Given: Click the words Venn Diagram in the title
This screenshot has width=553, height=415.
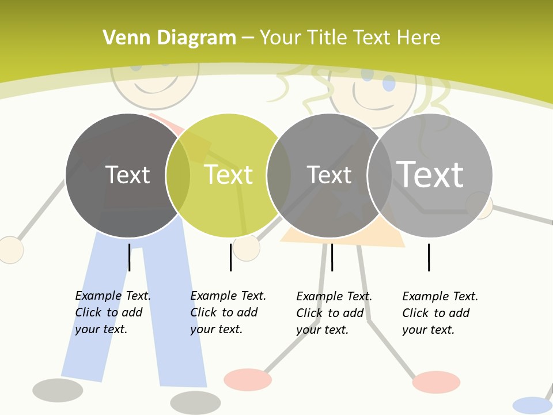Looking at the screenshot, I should [x=169, y=38].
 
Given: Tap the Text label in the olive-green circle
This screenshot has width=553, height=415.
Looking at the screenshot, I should [x=229, y=175].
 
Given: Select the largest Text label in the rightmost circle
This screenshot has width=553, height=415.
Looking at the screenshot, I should [x=430, y=174].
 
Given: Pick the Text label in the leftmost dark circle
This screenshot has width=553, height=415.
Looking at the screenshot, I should [x=127, y=175].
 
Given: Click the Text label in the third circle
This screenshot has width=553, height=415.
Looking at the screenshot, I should [x=329, y=175].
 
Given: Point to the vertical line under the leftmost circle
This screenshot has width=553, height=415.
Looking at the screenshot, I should [x=129, y=257].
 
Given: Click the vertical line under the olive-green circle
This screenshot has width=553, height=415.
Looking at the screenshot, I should [x=230, y=257].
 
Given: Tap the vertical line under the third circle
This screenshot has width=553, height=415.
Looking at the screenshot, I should [x=332, y=257].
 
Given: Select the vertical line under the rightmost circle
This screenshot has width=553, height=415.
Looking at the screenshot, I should [x=429, y=257].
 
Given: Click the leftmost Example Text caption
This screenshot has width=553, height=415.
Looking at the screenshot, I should [x=113, y=312].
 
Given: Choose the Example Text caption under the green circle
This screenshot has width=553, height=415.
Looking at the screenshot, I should [x=228, y=312].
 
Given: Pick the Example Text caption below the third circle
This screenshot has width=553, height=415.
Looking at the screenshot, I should [x=334, y=313].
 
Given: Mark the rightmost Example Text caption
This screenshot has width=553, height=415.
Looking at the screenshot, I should [x=440, y=313].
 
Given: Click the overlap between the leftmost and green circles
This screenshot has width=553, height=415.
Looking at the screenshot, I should [x=178, y=175].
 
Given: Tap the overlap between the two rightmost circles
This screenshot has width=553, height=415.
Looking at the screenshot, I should [x=380, y=175].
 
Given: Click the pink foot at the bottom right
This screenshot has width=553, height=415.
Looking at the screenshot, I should [x=436, y=382].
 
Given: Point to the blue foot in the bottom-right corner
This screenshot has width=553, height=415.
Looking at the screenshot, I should [x=532, y=405].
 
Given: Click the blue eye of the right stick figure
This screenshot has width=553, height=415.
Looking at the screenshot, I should [x=389, y=84].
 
